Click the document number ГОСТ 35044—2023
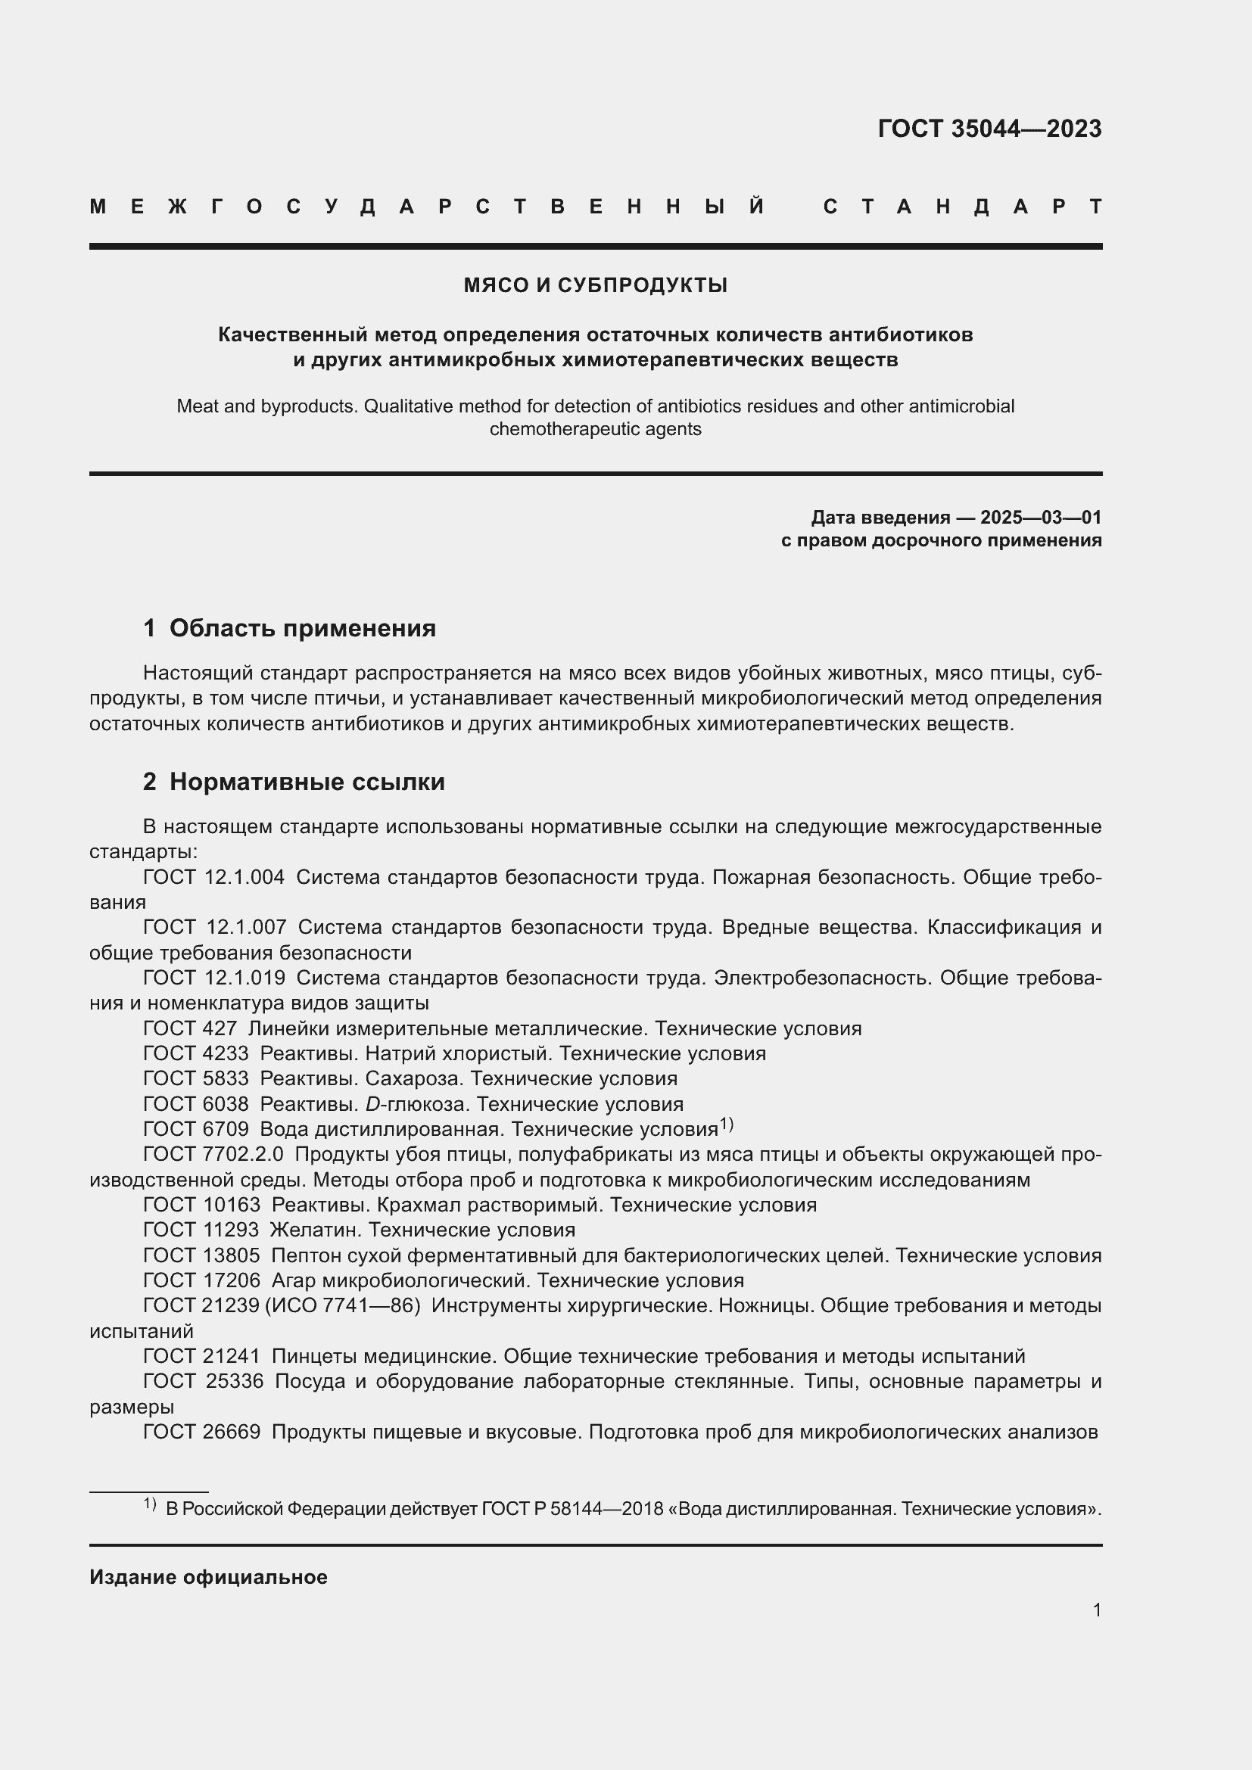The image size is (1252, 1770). [x=989, y=129]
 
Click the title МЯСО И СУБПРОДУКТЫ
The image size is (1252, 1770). [x=595, y=285]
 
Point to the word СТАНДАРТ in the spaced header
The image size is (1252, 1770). [x=962, y=207]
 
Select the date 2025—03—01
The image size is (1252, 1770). [x=1041, y=518]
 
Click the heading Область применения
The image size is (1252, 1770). [x=302, y=628]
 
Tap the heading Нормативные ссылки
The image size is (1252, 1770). [x=307, y=782]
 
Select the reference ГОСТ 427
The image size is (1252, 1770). [x=190, y=1028]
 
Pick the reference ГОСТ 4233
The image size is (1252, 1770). [x=196, y=1053]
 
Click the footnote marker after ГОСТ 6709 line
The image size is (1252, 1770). [x=726, y=1125]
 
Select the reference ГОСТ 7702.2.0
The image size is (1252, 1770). [x=213, y=1154]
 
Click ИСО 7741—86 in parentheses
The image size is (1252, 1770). [x=343, y=1305]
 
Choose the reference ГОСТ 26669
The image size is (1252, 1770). [x=202, y=1432]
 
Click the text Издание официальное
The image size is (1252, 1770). [x=208, y=1577]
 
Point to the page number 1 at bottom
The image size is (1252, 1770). [x=1096, y=1610]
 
